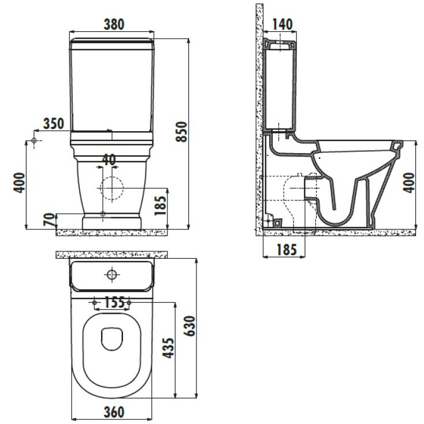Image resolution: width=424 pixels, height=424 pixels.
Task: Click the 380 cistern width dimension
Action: point(114,24)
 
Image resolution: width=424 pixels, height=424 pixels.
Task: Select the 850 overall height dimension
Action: point(181,132)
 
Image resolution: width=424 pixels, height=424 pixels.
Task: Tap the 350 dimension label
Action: point(54,124)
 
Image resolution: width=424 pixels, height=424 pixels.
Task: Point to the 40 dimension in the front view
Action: point(109,159)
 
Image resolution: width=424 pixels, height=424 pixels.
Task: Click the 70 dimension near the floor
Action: point(49,220)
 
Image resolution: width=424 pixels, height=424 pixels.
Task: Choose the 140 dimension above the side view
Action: point(282,24)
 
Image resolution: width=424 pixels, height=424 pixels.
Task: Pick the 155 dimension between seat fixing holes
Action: point(114,302)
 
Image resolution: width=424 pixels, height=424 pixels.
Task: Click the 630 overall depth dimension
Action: point(189,326)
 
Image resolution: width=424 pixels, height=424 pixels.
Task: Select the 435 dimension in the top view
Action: point(168,348)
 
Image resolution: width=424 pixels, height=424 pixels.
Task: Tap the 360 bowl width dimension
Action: point(114,412)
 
